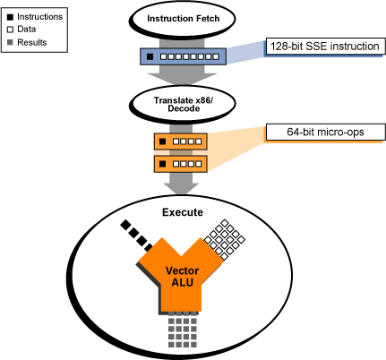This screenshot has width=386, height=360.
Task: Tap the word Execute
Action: (183, 212)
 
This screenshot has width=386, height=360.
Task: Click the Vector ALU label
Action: (183, 277)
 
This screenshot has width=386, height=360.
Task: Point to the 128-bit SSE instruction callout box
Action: (325, 47)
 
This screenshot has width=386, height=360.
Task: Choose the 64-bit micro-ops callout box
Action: (325, 133)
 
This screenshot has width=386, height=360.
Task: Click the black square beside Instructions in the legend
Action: (10, 17)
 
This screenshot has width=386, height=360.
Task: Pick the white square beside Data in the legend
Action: (10, 30)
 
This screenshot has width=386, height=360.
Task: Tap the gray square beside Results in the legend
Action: (10, 42)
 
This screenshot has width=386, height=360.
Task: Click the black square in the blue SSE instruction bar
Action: (150, 56)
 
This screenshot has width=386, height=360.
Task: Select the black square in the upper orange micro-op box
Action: (162, 141)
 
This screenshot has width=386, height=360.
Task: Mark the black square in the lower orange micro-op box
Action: (162, 164)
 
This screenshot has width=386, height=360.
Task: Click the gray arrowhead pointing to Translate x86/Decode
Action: (183, 80)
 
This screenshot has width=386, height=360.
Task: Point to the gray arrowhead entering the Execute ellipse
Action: (181, 189)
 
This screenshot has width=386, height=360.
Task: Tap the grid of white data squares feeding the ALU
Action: (225, 239)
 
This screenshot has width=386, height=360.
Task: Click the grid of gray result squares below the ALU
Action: (183, 330)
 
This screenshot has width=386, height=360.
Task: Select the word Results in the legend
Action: (32, 42)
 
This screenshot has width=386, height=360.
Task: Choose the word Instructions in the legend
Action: (40, 17)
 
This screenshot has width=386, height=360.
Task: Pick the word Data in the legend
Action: (27, 30)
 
